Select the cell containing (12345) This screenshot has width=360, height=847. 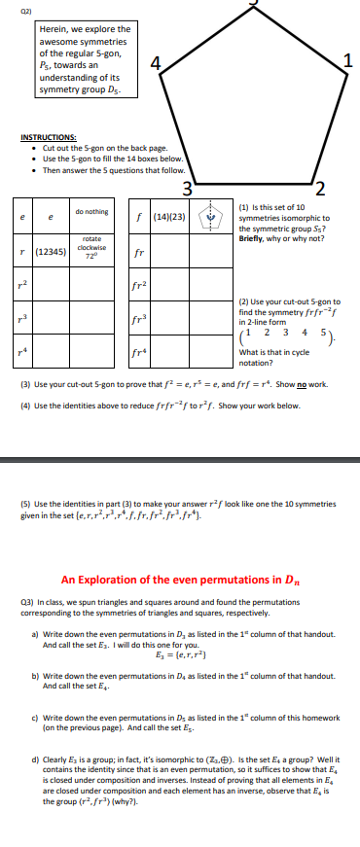[51, 250]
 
